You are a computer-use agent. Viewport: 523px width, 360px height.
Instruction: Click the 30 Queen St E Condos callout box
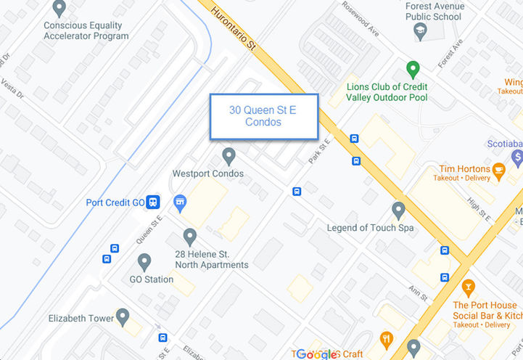[264, 116]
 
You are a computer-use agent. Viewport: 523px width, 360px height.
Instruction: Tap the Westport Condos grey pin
[229, 155]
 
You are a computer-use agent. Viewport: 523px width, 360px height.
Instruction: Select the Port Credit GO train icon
[153, 202]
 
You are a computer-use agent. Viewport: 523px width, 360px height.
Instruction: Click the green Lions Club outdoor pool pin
[413, 70]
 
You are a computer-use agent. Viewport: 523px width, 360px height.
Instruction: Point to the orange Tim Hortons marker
[498, 171]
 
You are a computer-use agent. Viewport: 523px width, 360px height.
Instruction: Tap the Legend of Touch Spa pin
[398, 210]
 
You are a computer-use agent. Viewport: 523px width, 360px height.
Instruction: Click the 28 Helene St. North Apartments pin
[190, 236]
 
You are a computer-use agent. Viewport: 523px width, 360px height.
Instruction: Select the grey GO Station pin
[144, 261]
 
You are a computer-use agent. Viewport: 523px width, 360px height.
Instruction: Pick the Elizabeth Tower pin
[123, 316]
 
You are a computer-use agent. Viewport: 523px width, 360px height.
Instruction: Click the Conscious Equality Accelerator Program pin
[59, 8]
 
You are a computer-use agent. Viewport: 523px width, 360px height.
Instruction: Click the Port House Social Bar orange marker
[468, 287]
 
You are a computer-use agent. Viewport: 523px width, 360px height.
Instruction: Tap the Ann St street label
[418, 293]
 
